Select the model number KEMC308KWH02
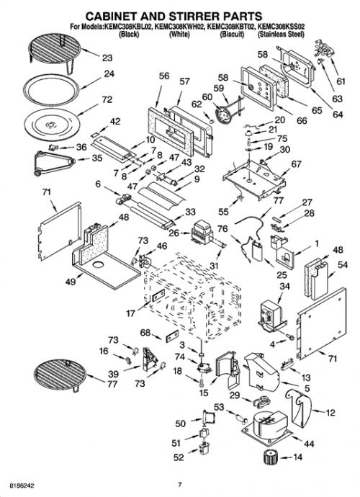coord(179,27)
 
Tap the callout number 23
coord(107,58)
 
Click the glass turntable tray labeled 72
coord(51,124)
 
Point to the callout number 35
coord(97,158)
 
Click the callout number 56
coord(164,76)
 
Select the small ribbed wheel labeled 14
coord(270,457)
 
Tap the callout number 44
coord(309,444)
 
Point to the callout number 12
coord(330,413)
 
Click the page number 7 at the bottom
coord(180,484)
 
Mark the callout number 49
coord(71,281)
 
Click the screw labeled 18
coord(202,383)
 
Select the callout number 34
coord(284,286)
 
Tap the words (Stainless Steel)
coord(281,35)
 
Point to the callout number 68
coord(145,333)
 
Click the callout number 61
coord(341,82)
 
